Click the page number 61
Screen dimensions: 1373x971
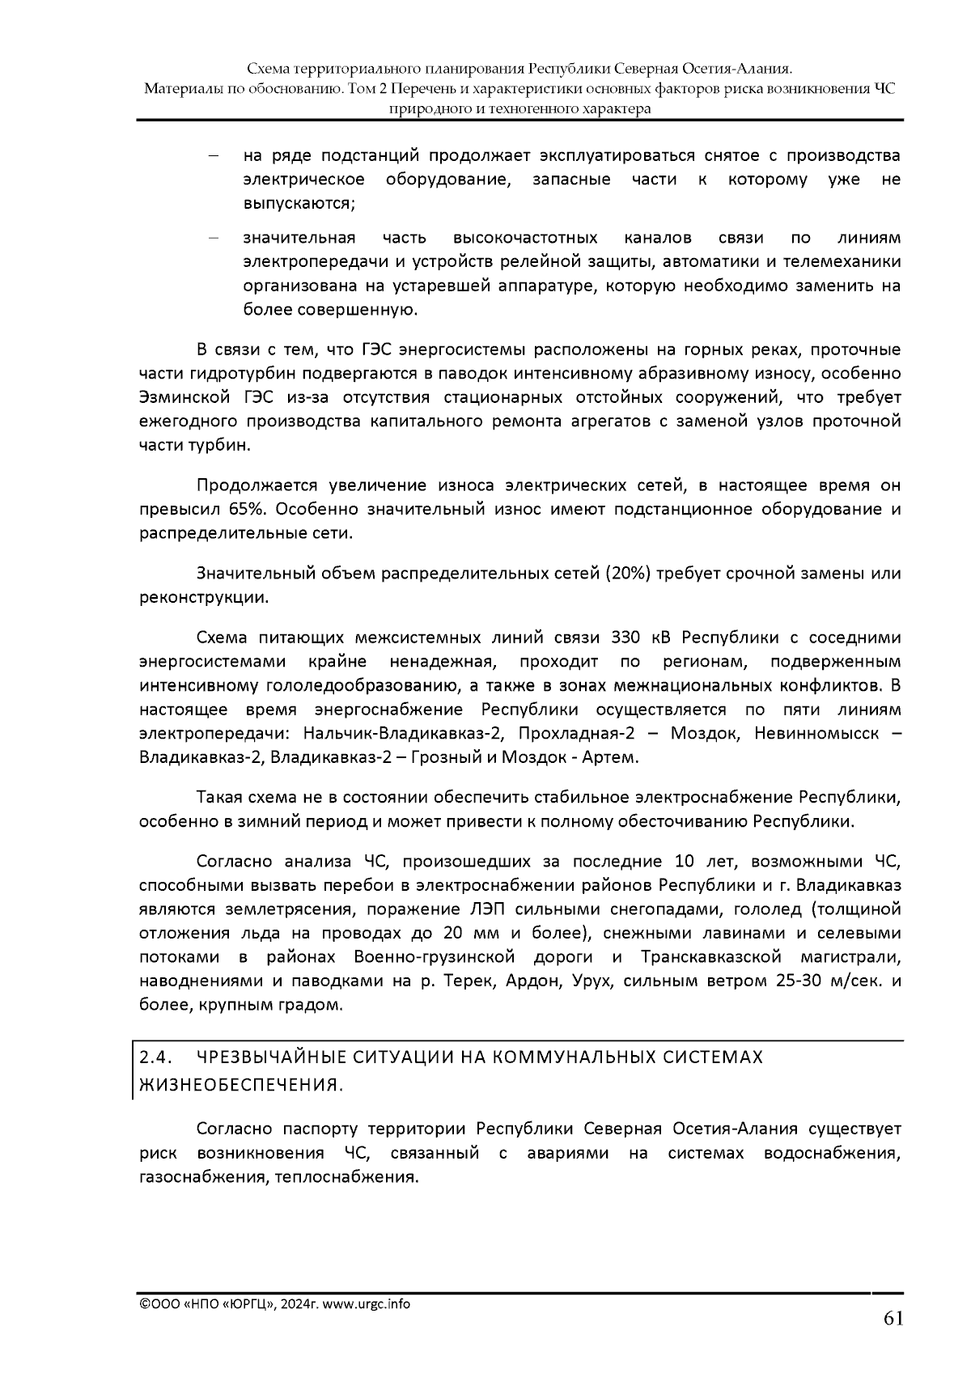click(893, 1319)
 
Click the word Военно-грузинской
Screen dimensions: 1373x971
click(435, 957)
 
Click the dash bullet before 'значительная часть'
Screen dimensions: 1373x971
click(213, 238)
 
